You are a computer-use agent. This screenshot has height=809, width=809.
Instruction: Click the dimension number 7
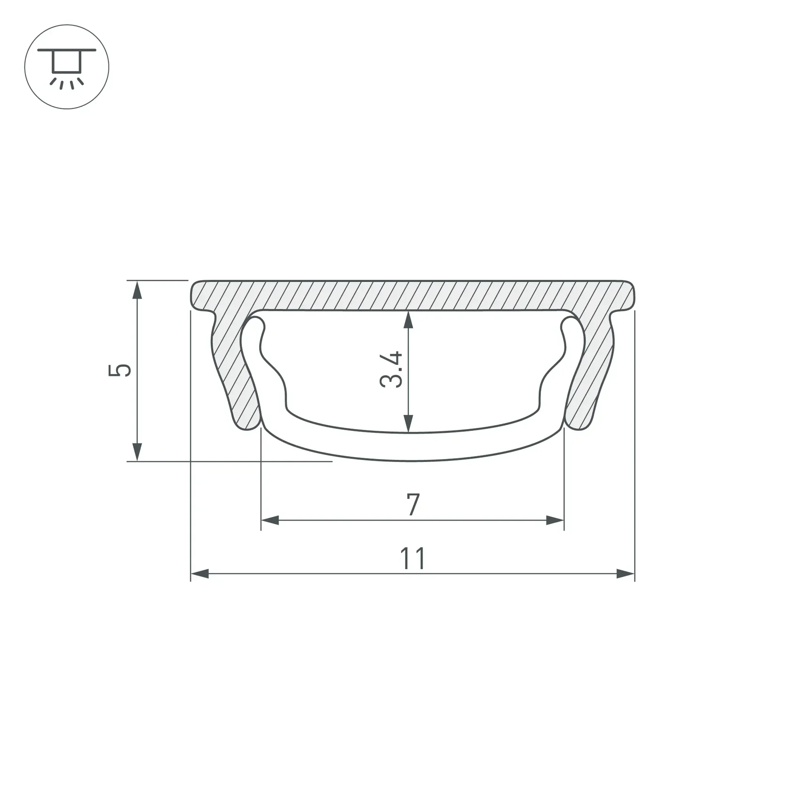[x=412, y=504]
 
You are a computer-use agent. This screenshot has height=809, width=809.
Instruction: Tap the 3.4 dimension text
[x=391, y=369]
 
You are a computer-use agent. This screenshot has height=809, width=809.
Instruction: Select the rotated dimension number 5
[x=119, y=370]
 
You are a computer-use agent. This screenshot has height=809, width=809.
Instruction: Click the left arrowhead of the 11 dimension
[x=200, y=573]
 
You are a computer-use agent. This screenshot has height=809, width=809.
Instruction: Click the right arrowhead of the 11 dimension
[x=626, y=573]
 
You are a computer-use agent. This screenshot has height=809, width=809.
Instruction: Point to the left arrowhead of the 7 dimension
[x=270, y=520]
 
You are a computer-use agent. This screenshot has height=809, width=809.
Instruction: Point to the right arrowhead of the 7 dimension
[x=555, y=520]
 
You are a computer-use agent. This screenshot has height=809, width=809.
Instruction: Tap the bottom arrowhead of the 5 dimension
[x=137, y=452]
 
